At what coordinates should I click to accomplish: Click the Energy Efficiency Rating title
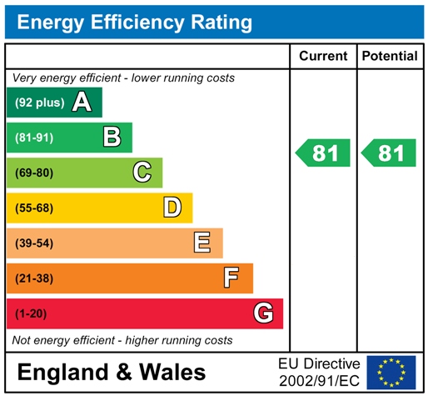tap(134, 22)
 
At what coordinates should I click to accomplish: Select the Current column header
tap(322, 56)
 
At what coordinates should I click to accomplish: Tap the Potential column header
tap(390, 56)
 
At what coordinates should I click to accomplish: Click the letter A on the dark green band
tap(81, 103)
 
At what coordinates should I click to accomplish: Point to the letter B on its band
tap(112, 138)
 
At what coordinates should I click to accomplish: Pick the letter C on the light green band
tap(142, 173)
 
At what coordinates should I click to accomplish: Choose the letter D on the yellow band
tap(172, 208)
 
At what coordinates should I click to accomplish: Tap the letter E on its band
tap(202, 243)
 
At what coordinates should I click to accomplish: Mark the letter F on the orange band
tap(232, 278)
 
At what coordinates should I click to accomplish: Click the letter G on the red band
tap(263, 313)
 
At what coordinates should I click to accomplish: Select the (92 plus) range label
tap(38, 103)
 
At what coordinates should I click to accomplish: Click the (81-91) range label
tap(33, 138)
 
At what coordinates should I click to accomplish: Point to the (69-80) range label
tap(33, 173)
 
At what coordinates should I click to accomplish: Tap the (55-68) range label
tap(33, 208)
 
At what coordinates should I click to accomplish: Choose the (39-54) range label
tap(33, 243)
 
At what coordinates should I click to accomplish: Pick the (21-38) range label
tap(33, 278)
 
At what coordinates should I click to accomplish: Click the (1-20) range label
tap(30, 313)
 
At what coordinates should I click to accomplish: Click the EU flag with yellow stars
tap(391, 372)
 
